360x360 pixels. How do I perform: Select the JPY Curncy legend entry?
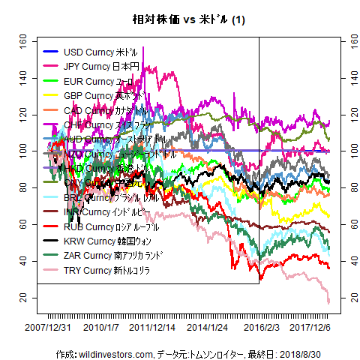(98, 67)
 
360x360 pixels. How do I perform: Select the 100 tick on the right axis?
(347, 151)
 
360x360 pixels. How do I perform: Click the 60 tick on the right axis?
(347, 224)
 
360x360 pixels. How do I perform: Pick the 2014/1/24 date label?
(207, 328)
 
